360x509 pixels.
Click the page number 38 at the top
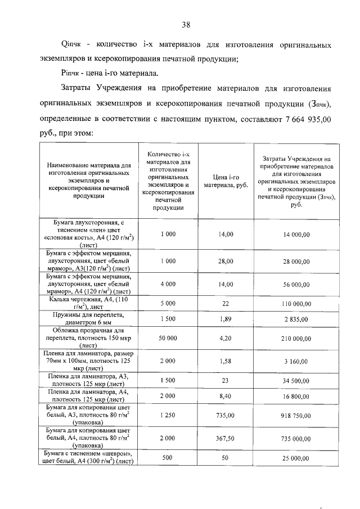186,25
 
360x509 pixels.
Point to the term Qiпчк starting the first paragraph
71,44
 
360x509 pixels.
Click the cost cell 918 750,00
296,416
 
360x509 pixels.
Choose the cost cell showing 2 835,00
296,319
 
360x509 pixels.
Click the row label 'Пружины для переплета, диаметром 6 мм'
87,319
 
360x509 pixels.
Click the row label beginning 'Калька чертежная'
87,304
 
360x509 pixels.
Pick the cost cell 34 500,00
296,381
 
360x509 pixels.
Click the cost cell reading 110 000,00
296,304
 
